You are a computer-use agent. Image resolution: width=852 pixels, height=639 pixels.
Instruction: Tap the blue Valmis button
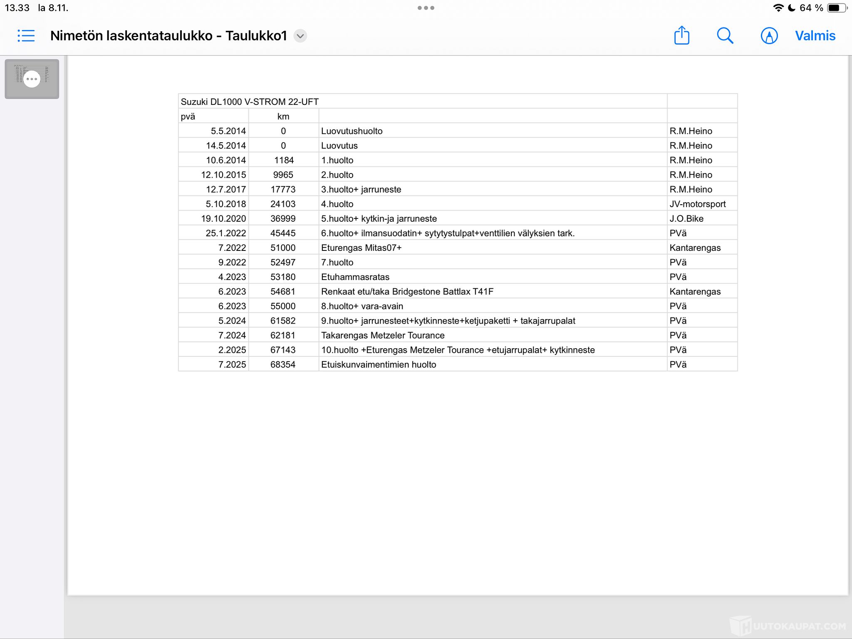click(x=815, y=36)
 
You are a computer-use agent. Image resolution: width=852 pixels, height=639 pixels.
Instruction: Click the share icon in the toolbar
click(x=681, y=35)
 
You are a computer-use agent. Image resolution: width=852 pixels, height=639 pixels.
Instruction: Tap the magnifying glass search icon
click(x=725, y=36)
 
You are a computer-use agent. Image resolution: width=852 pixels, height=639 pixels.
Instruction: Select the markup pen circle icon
click(x=769, y=36)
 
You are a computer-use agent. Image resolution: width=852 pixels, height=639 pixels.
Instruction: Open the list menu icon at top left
click(x=26, y=36)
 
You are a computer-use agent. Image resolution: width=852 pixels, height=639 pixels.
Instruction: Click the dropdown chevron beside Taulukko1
click(x=300, y=36)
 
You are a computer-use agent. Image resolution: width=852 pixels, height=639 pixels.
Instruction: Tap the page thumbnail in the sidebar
click(x=32, y=79)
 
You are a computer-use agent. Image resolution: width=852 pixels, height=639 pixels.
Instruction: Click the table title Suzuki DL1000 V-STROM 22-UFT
click(x=250, y=102)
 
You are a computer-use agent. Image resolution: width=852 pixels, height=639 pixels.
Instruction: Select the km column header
click(x=283, y=116)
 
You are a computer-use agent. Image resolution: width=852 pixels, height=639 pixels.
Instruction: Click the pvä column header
click(x=188, y=116)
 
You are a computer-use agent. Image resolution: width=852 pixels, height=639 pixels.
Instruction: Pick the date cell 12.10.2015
click(x=223, y=175)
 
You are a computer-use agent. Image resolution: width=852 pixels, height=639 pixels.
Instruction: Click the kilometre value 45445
click(x=283, y=233)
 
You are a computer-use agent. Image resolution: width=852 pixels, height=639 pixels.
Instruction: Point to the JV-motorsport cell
click(x=697, y=204)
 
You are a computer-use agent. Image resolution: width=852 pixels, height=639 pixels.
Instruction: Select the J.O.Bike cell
click(x=686, y=218)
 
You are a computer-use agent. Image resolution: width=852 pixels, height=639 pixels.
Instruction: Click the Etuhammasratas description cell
click(x=355, y=277)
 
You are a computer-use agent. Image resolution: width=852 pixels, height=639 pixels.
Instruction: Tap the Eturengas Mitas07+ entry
click(x=361, y=248)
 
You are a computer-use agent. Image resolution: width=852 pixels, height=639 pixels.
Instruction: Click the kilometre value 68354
click(x=283, y=364)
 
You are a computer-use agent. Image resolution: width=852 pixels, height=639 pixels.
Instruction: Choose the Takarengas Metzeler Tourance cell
click(x=383, y=335)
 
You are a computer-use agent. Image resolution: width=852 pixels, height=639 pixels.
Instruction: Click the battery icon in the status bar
click(x=836, y=8)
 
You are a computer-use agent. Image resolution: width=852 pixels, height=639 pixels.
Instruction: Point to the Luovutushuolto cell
click(x=352, y=131)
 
